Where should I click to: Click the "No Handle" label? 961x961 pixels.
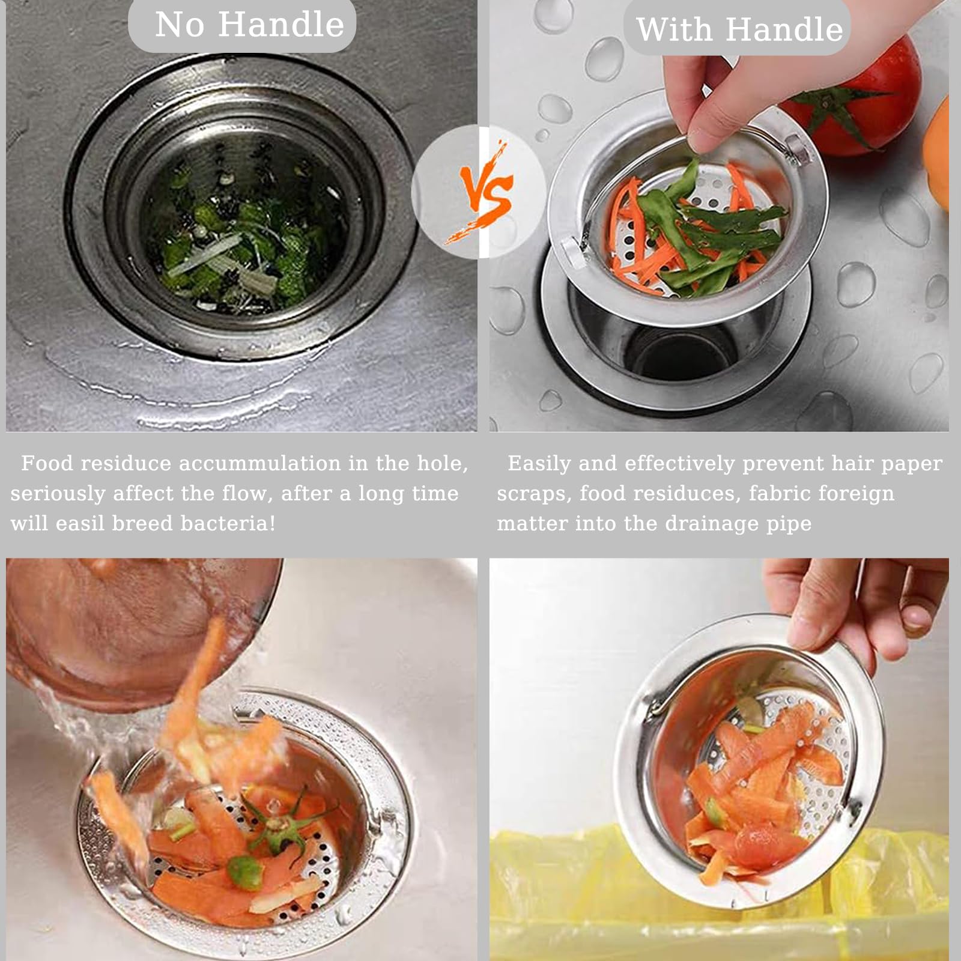pos(249,25)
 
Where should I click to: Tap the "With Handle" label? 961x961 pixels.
pos(739,29)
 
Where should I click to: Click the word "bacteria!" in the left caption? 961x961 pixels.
pos(228,524)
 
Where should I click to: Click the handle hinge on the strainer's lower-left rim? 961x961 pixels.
pos(574,249)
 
